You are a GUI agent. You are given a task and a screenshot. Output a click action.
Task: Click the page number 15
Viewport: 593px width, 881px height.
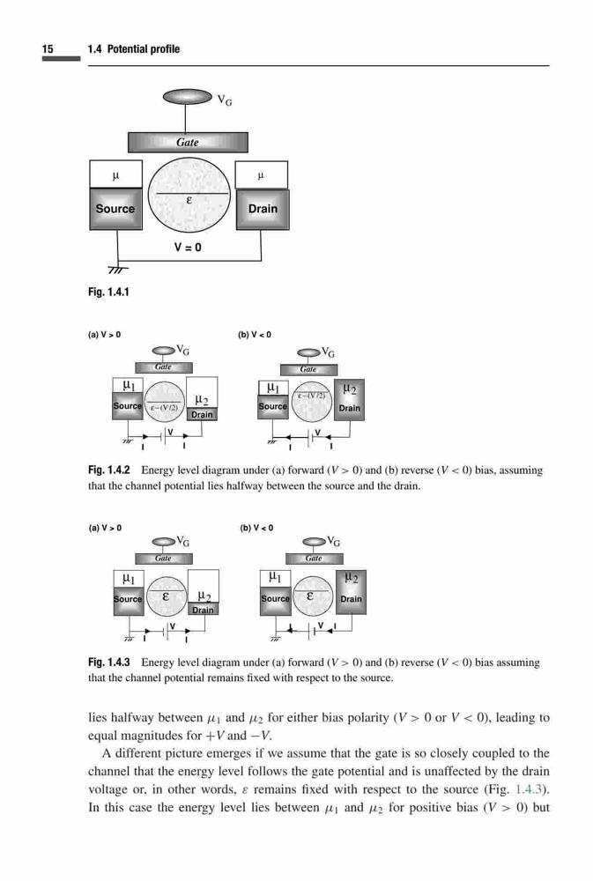48,48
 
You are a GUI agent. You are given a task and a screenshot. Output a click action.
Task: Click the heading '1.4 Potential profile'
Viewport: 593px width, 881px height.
134,48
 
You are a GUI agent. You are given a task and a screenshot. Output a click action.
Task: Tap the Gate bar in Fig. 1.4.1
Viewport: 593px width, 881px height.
188,142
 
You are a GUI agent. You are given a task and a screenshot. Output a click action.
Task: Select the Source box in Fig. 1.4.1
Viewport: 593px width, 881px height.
115,209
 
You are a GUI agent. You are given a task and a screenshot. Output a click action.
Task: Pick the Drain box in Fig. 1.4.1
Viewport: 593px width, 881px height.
263,209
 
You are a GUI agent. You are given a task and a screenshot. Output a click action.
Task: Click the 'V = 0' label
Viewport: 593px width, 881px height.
188,248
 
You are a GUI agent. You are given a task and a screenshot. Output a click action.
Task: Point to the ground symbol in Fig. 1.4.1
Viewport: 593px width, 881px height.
117,269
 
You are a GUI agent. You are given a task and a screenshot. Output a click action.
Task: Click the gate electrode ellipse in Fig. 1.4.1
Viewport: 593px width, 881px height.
187,97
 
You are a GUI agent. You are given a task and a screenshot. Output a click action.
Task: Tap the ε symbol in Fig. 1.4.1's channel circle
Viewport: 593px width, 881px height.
189,201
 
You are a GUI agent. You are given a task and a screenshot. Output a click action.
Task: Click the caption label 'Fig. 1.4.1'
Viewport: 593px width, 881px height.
108,292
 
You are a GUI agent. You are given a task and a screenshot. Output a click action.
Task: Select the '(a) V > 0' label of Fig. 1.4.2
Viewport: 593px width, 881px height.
104,335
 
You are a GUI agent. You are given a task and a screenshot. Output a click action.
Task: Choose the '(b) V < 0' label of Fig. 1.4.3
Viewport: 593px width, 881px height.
256,528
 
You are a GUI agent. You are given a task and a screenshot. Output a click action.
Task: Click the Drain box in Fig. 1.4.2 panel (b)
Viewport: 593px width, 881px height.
349,400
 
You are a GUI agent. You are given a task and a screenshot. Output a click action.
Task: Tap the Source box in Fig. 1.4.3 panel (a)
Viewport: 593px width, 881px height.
128,599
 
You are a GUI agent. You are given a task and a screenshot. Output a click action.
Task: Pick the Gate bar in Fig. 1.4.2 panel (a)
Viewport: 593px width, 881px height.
163,367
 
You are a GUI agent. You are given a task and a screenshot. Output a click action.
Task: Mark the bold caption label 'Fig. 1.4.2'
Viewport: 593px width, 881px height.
109,470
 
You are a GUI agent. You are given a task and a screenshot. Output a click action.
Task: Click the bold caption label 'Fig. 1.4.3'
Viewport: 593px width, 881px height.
109,662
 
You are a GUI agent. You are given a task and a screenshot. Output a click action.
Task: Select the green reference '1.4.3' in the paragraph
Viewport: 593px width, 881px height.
530,789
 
